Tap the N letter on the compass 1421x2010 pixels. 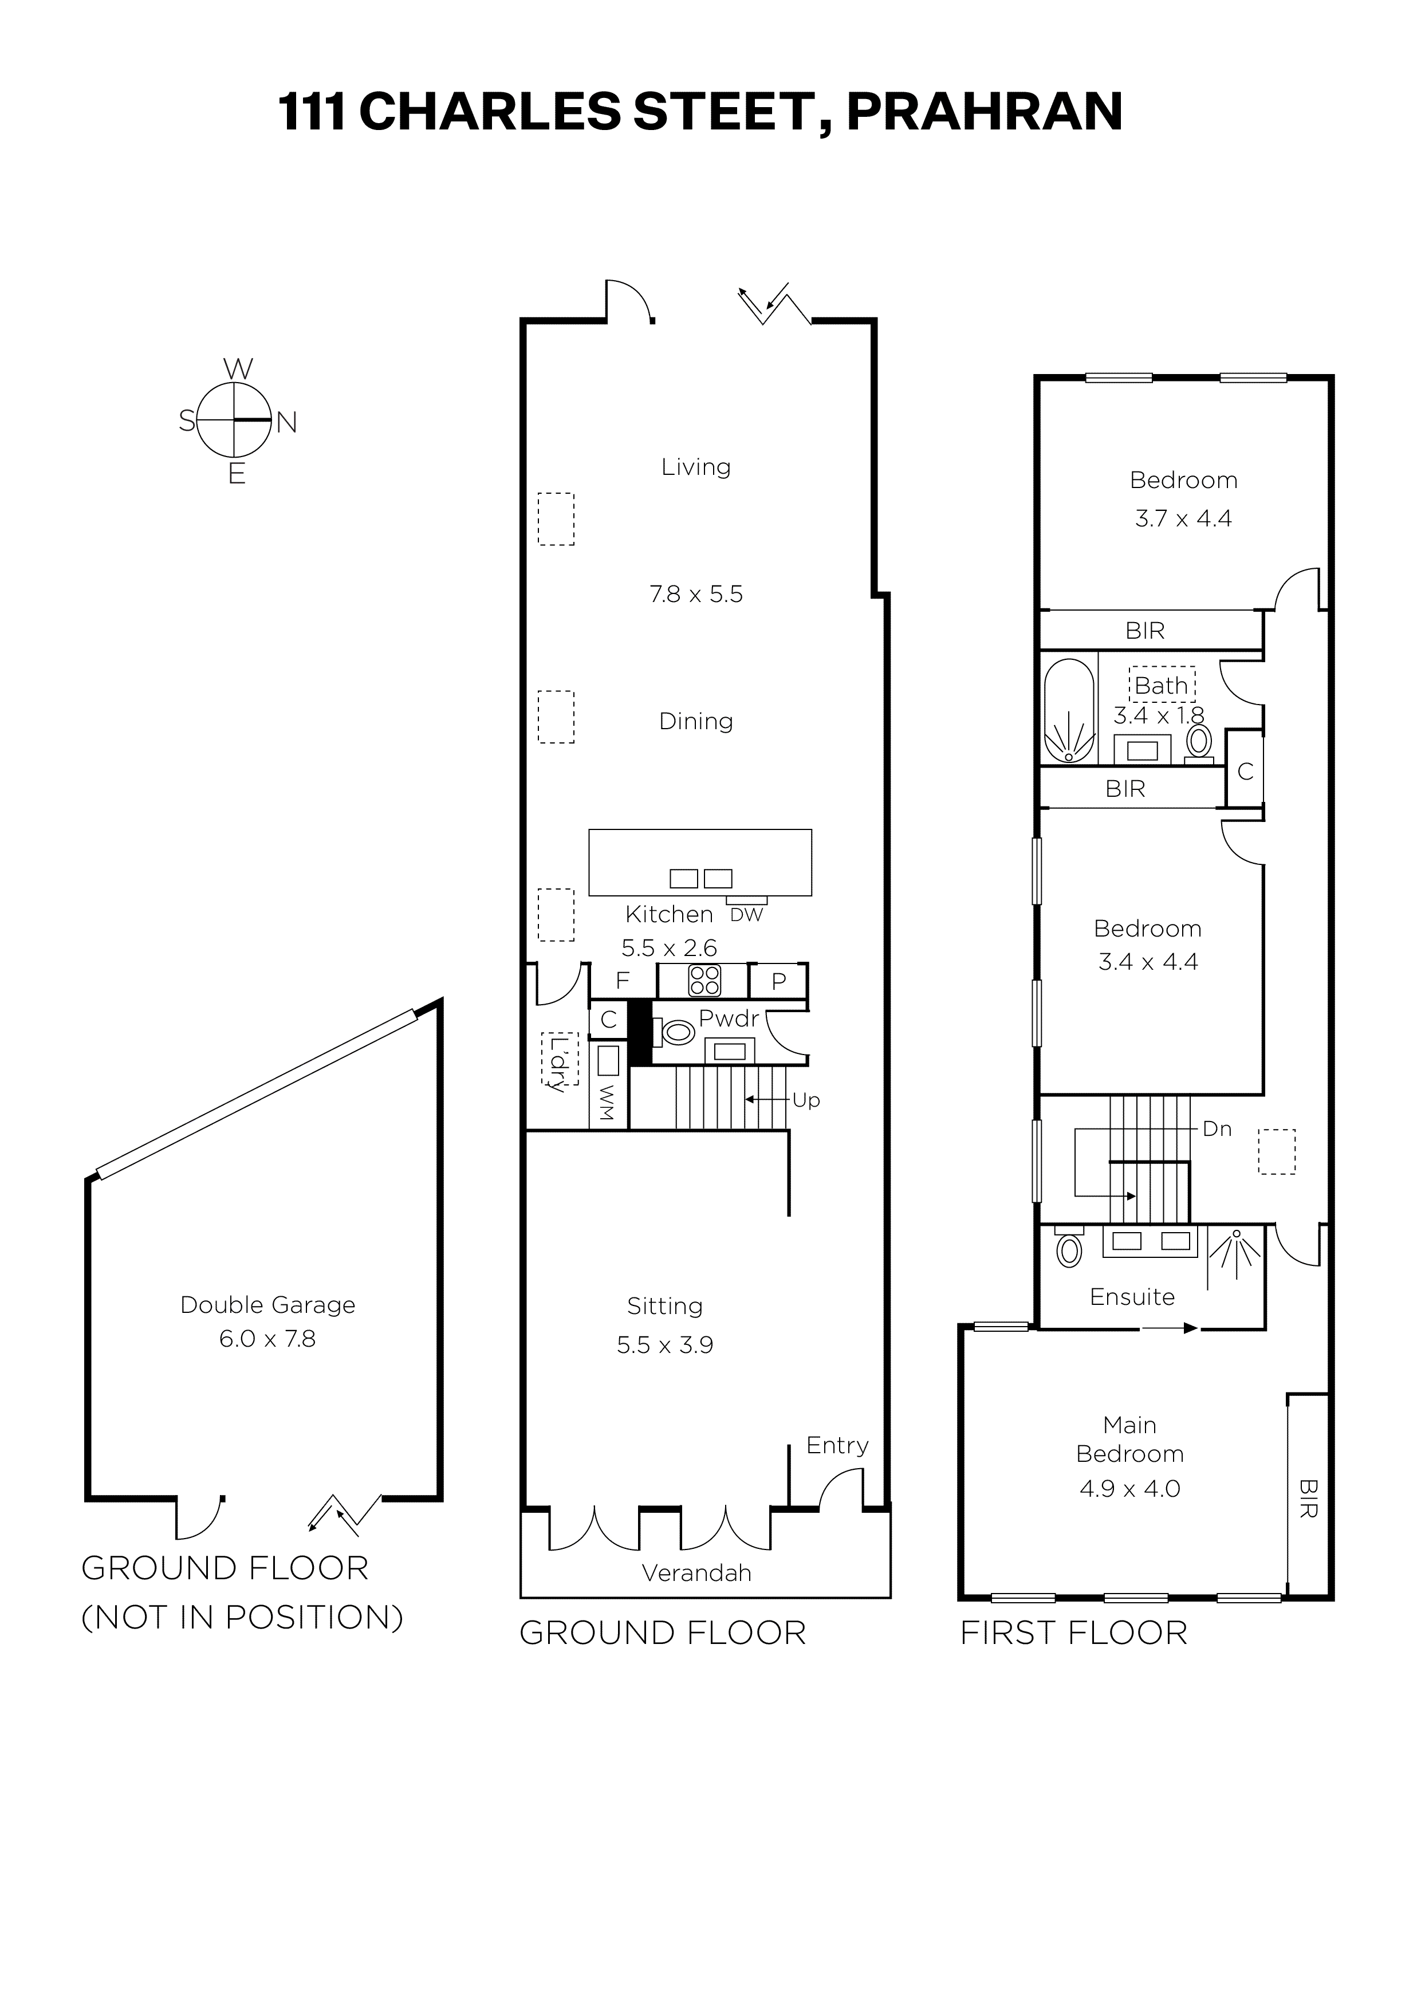click(287, 423)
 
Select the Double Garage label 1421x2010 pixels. click(268, 1305)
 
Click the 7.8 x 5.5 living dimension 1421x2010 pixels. click(696, 595)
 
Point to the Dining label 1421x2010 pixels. click(696, 721)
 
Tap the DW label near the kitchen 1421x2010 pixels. click(747, 915)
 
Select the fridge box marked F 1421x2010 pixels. click(623, 981)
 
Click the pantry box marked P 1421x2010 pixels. click(778, 981)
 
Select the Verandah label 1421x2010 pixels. click(697, 1573)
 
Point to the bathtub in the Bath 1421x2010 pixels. click(1069, 711)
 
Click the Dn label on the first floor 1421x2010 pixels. click(1217, 1130)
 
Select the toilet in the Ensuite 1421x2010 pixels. click(1069, 1248)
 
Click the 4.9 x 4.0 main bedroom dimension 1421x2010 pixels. click(1130, 1489)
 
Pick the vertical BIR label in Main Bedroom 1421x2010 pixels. click(1308, 1498)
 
